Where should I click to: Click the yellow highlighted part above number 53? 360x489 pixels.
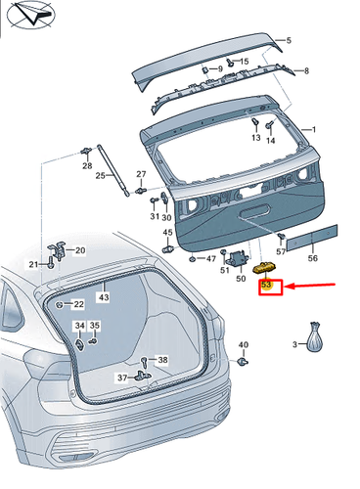[265, 268]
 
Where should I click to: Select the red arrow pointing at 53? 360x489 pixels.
[310, 286]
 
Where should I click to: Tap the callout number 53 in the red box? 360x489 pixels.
[266, 285]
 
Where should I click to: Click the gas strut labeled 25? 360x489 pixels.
[113, 171]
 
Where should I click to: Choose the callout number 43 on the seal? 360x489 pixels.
[104, 297]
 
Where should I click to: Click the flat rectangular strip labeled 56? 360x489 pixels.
[312, 238]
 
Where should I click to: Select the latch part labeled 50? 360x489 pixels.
[239, 260]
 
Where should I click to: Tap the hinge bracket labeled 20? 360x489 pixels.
[57, 251]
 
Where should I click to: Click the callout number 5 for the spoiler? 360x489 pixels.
[289, 40]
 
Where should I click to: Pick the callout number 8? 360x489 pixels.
[306, 70]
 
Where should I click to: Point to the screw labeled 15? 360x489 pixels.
[231, 62]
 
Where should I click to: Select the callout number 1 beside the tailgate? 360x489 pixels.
[314, 130]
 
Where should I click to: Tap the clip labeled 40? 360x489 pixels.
[243, 361]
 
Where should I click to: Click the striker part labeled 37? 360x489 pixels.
[143, 376]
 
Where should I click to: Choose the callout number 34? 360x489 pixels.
[80, 325]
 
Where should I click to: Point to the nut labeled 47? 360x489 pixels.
[193, 259]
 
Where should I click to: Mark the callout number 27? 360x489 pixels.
[141, 174]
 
